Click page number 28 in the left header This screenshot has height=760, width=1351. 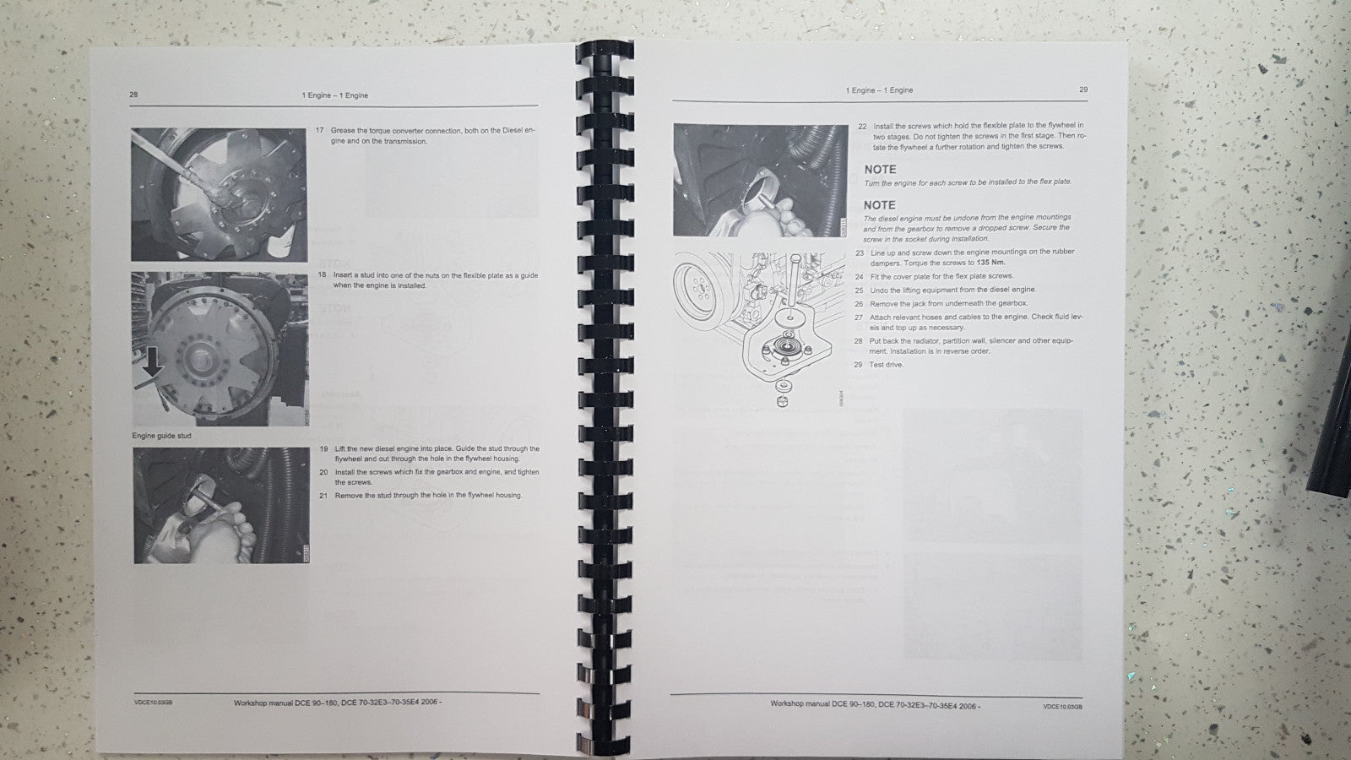click(133, 95)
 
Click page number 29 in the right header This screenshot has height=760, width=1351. click(1083, 90)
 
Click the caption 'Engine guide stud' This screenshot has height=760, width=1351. click(161, 436)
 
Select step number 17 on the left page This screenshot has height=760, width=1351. click(321, 131)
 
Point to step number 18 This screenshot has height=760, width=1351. click(322, 275)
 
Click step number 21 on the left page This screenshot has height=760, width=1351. click(323, 496)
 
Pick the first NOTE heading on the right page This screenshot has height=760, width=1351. click(880, 170)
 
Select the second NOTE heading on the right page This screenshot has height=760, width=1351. click(879, 205)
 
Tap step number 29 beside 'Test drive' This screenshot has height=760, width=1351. click(858, 365)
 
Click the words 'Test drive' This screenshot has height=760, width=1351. click(886, 365)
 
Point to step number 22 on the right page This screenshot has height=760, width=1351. click(861, 127)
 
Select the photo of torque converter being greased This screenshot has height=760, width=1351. click(218, 194)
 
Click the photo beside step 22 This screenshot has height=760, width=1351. click(760, 180)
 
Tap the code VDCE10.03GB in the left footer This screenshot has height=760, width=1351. click(153, 702)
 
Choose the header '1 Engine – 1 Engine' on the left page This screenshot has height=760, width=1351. click(335, 95)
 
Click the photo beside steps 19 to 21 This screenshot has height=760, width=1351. click(221, 505)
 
